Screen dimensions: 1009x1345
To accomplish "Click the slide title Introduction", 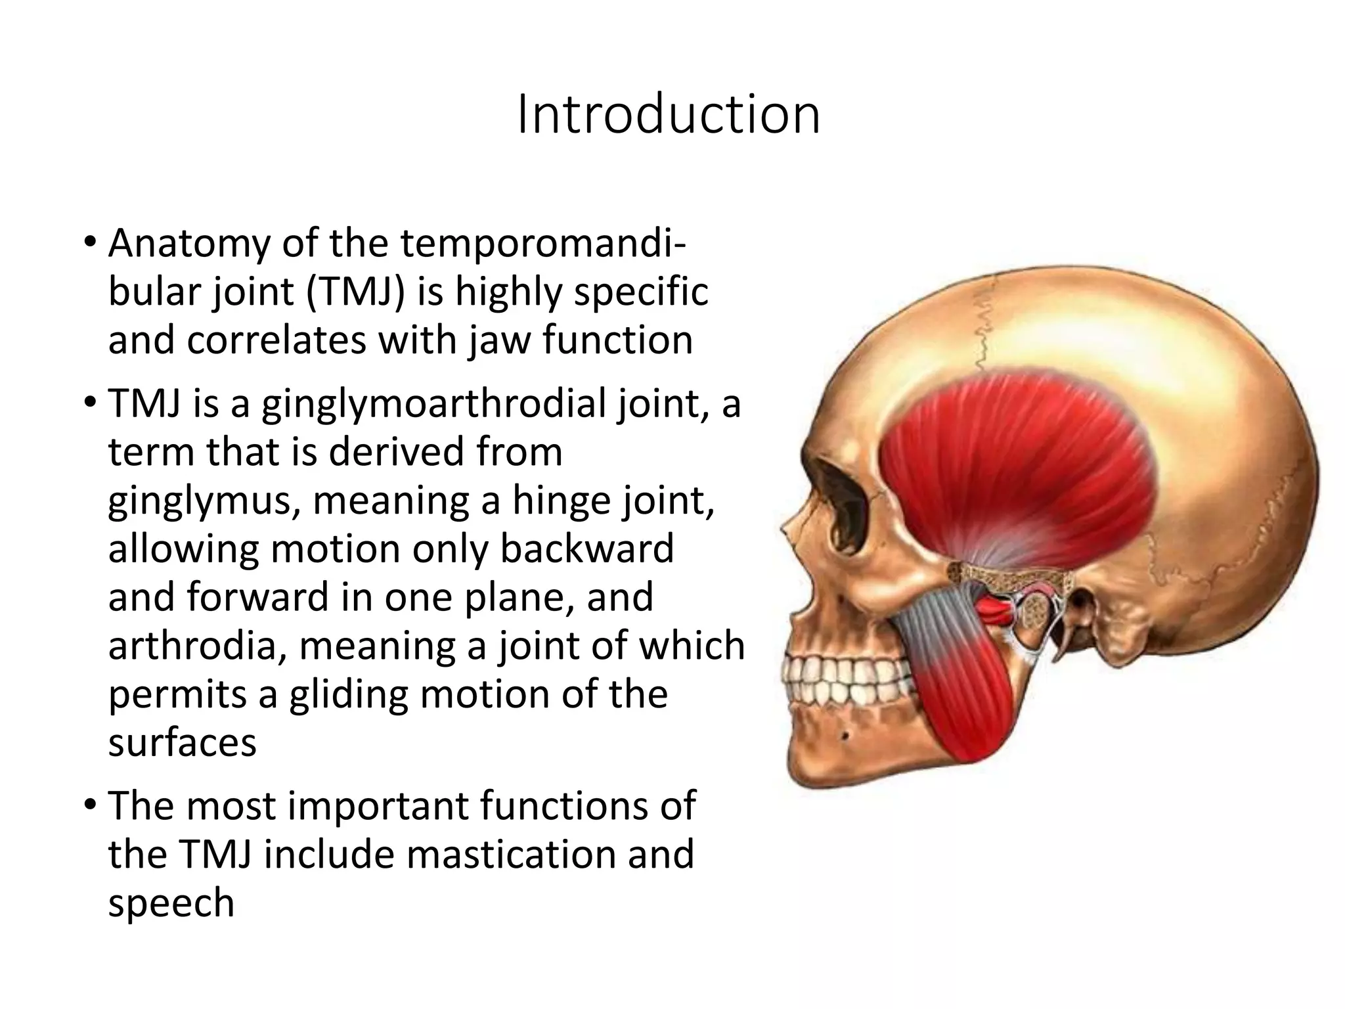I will coord(669,116).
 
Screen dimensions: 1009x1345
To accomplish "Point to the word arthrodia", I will coord(196,645).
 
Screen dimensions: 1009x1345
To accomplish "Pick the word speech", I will coord(171,903).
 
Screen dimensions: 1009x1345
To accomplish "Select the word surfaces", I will coord(182,742).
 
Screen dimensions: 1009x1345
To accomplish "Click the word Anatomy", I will coord(189,242).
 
